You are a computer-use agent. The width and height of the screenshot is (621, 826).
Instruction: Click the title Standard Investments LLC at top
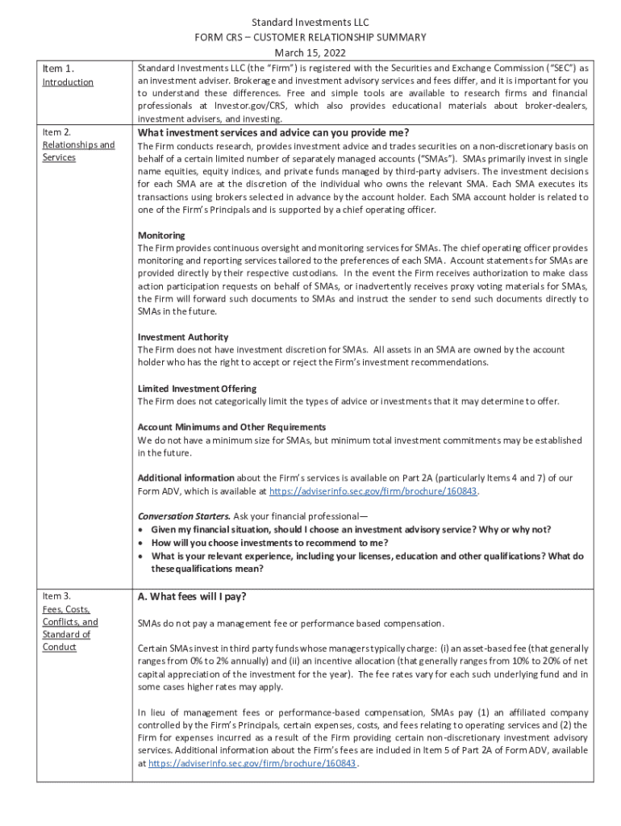click(x=310, y=23)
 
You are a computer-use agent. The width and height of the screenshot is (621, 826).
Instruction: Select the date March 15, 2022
click(x=310, y=52)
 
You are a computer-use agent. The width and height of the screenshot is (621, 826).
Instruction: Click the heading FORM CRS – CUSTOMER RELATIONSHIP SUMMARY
click(x=310, y=37)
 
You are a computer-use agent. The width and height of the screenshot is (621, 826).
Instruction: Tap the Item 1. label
click(x=58, y=69)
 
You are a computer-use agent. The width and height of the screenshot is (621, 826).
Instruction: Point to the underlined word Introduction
click(x=68, y=82)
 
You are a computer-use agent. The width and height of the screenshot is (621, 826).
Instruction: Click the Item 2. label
click(x=56, y=131)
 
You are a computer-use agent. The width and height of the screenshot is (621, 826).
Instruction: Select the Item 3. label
click(x=56, y=596)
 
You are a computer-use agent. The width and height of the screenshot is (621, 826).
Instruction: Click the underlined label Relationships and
click(x=78, y=144)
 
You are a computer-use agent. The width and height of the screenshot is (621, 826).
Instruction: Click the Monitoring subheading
click(x=161, y=236)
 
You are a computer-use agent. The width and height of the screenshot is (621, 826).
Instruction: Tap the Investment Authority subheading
click(x=183, y=337)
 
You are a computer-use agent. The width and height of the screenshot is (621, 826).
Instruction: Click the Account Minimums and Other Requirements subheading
click(x=231, y=427)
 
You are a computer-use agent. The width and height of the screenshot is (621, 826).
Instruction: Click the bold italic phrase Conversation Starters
click(x=184, y=516)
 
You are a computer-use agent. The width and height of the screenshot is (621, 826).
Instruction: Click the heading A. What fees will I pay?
click(x=192, y=597)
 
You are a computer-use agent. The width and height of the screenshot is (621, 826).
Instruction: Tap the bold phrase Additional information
click(x=186, y=478)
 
